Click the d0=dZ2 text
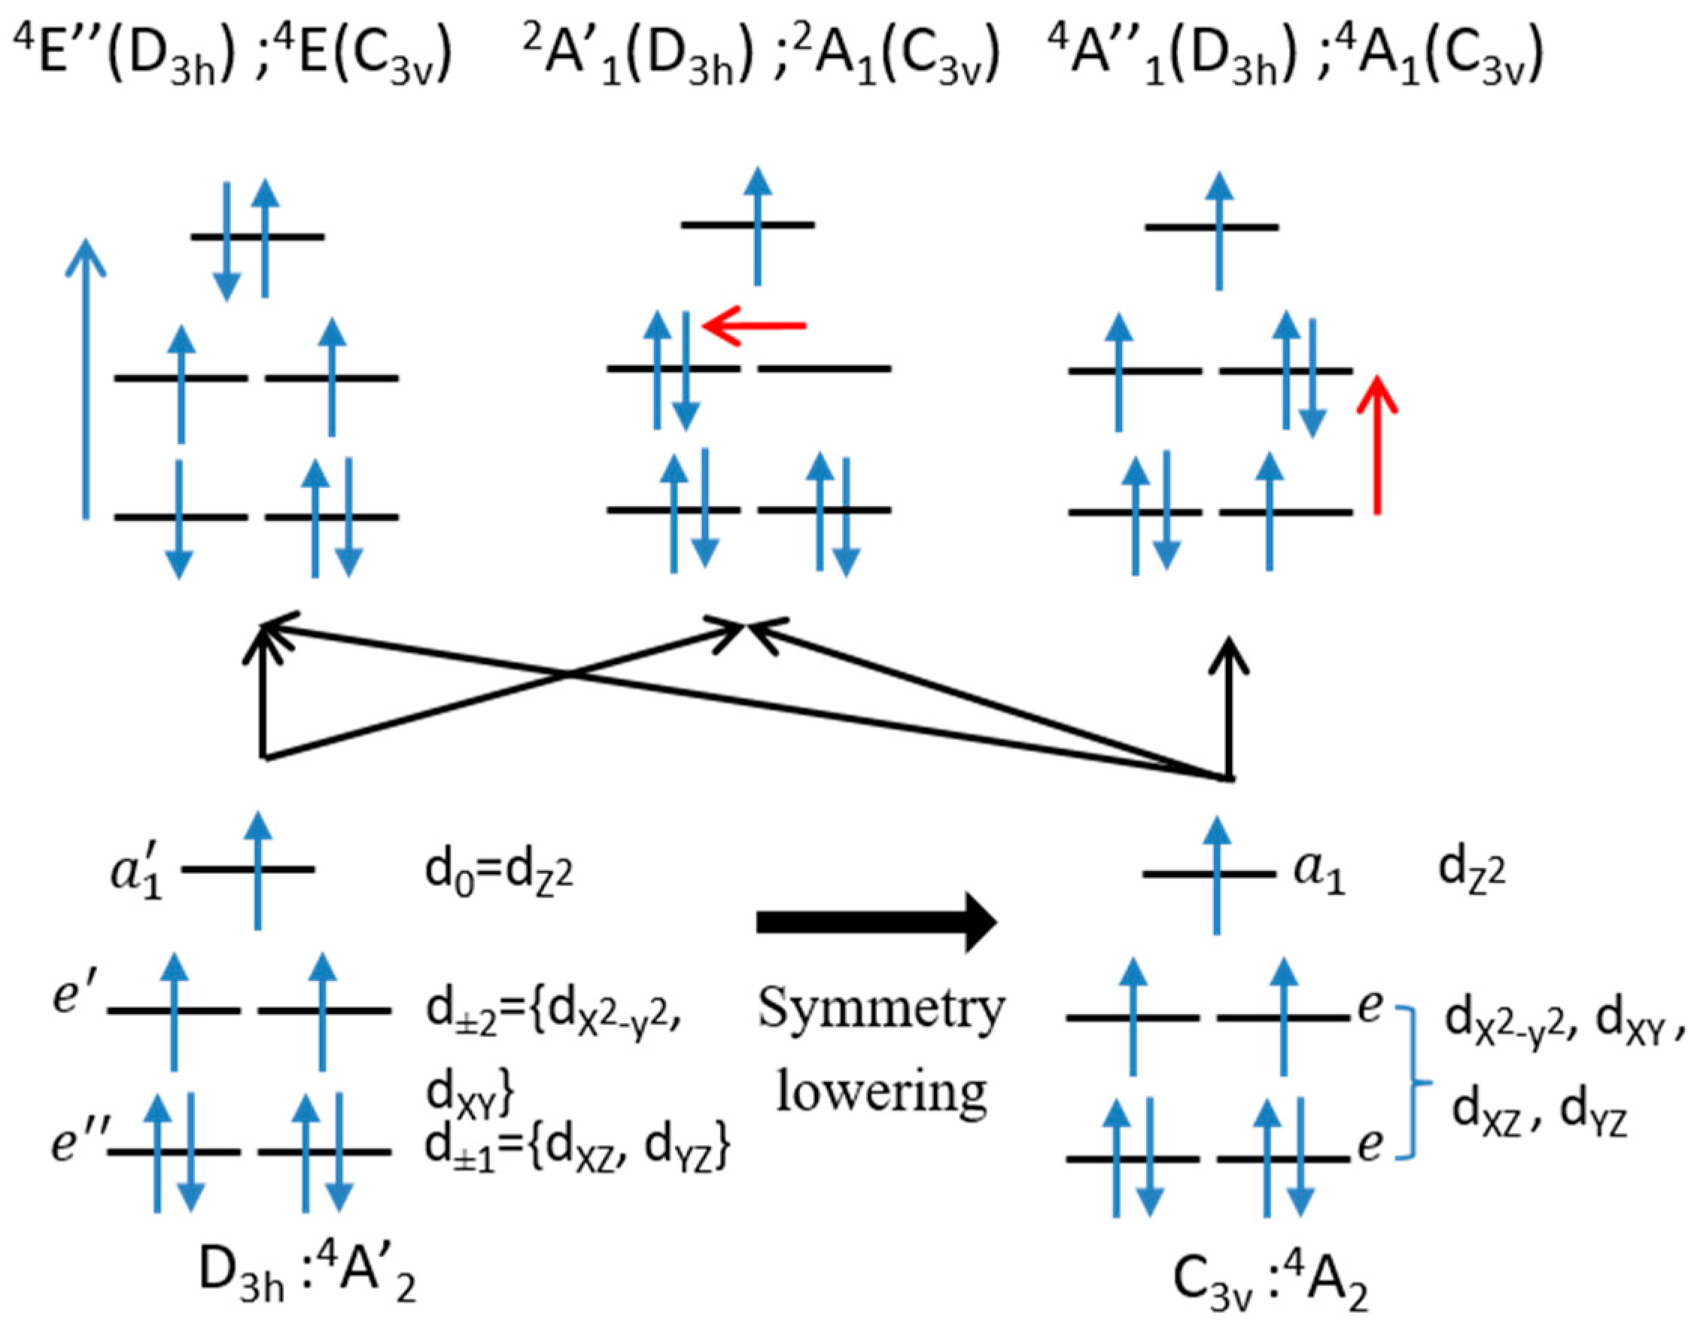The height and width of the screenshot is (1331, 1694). pos(498,873)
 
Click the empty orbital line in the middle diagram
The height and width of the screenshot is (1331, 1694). pos(824,367)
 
